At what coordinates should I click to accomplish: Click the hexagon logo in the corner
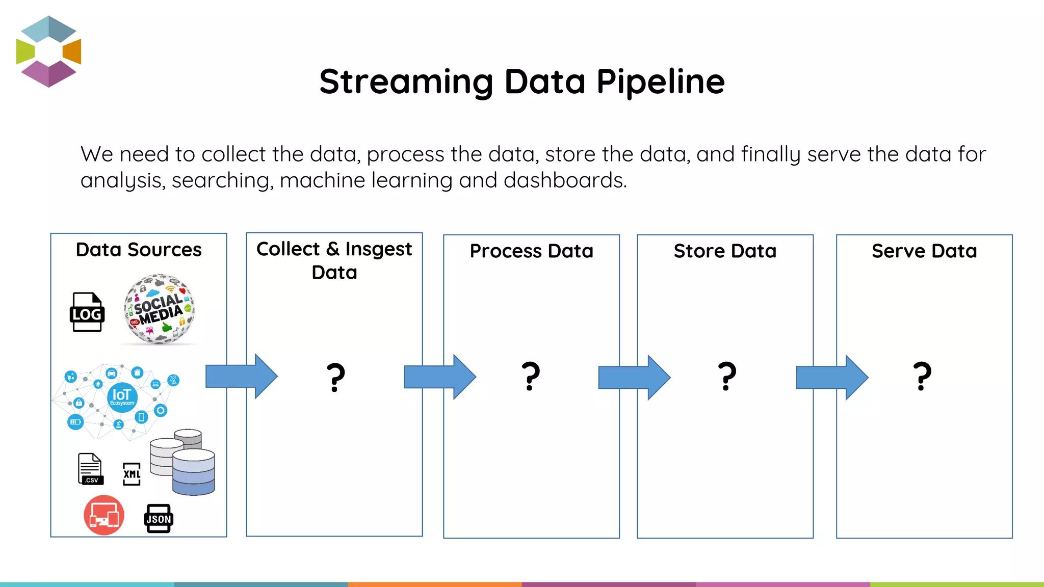[x=48, y=51]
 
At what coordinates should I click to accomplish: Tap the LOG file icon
[x=87, y=312]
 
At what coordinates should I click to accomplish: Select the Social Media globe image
[x=159, y=309]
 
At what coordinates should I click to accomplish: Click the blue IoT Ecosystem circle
[x=122, y=397]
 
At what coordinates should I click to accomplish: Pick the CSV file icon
[x=90, y=469]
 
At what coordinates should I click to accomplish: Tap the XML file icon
[x=132, y=474]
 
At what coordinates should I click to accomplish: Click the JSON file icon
[x=159, y=519]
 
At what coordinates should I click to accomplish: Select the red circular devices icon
[x=104, y=515]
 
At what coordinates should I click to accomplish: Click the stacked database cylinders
[x=184, y=462]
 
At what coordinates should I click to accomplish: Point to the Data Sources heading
[x=139, y=250]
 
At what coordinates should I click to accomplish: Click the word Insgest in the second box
[x=378, y=249]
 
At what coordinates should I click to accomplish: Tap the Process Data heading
[x=531, y=251]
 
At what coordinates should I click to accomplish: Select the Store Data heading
[x=725, y=251]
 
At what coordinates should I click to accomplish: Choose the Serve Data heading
[x=924, y=251]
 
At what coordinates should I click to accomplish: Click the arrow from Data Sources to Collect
[x=241, y=377]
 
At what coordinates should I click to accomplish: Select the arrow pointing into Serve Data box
[x=831, y=378]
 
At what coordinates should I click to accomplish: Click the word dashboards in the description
[x=564, y=180]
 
